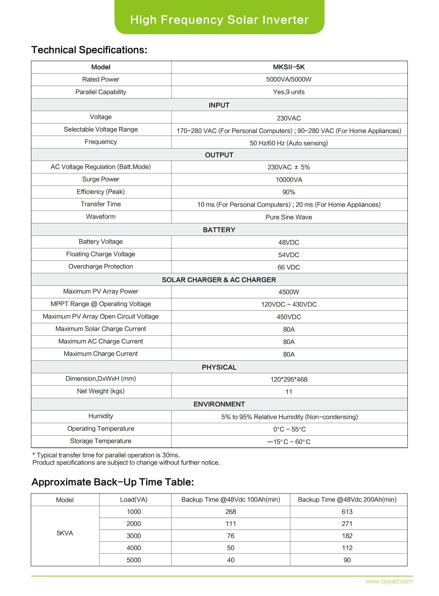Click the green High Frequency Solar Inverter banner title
219,20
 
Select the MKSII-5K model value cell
289,67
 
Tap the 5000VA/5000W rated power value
289,80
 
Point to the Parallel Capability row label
101,92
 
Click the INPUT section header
219,105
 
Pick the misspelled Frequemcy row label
101,142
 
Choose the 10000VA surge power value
289,180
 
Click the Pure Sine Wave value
289,217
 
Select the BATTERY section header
219,230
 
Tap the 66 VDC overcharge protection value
289,267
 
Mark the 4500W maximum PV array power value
289,292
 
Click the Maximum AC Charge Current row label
101,341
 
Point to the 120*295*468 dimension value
289,380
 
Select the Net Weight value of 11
289,392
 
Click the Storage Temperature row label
101,441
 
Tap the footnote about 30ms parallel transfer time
106,455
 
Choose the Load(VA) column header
134,500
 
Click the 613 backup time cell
347,512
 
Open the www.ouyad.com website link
389,581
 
